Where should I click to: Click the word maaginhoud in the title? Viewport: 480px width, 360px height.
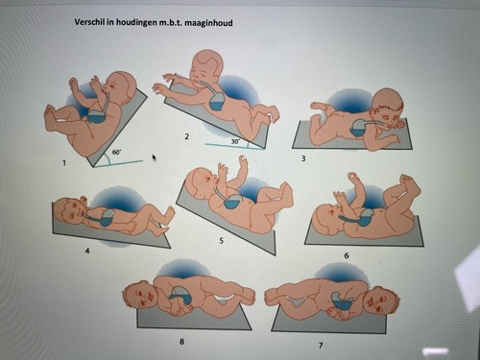point(208,23)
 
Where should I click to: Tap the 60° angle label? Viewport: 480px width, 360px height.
point(116,153)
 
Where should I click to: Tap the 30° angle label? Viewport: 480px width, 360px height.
point(235,141)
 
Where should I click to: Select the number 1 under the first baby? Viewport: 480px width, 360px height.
point(64,163)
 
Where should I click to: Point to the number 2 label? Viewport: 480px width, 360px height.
point(187,136)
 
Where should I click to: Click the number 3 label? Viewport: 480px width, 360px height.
point(303,158)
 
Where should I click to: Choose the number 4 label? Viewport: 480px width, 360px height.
point(87,251)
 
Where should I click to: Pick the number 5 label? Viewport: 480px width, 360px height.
point(221,241)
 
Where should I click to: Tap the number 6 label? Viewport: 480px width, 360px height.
point(347,255)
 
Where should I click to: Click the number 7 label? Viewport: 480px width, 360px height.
point(321,345)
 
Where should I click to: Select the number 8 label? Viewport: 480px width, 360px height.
point(181,342)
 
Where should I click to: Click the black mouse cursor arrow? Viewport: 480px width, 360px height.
point(155,157)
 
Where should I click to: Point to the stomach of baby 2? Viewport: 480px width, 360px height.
point(218,102)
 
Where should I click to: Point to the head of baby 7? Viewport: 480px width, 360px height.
point(382,300)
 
